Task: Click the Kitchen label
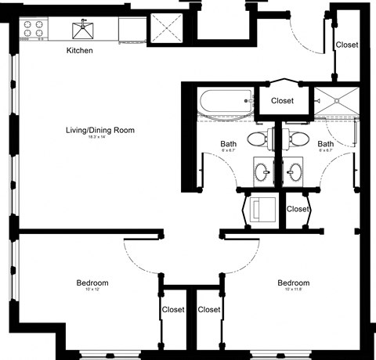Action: pos(79,51)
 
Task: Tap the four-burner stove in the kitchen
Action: pos(34,29)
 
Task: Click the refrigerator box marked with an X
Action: pos(166,29)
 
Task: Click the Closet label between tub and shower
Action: pos(282,101)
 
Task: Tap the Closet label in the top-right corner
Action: pos(346,45)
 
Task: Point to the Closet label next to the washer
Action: pos(298,209)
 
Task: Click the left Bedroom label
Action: pos(92,283)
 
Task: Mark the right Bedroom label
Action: pos(293,283)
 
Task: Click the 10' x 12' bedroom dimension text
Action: pos(92,290)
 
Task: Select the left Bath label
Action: pos(228,144)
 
